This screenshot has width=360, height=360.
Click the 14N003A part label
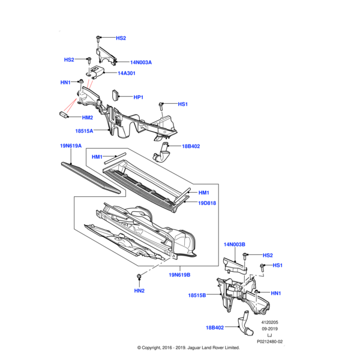142,62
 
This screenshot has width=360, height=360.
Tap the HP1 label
138,97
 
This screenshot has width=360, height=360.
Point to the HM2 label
87,118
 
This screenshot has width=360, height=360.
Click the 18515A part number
84,130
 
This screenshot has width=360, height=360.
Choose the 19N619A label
71,146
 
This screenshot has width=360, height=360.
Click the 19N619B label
179,275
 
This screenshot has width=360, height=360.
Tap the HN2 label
139,291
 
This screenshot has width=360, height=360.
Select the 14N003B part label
235,245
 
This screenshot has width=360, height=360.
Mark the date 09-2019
269,329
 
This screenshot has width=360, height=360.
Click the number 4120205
269,322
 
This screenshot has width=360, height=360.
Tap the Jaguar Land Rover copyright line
180,348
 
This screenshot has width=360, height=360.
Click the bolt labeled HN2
139,277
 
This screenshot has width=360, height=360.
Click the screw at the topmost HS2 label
98,38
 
